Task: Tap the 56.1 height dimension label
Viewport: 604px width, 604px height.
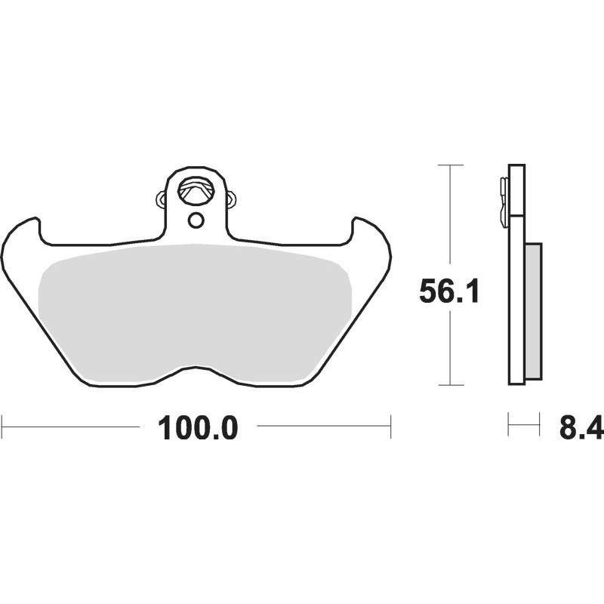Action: pyautogui.click(x=449, y=291)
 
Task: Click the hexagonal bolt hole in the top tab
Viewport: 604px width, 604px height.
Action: pyautogui.click(x=196, y=190)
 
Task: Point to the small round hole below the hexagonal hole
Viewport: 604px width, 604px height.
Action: pyautogui.click(x=196, y=220)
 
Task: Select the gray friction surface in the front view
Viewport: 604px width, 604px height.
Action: pyautogui.click(x=195, y=312)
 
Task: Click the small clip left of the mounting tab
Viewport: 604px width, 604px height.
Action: pyautogui.click(x=162, y=199)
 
